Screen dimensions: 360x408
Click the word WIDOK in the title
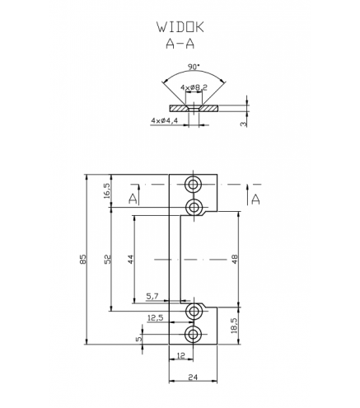click(x=180, y=27)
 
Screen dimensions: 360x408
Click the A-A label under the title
click(x=180, y=43)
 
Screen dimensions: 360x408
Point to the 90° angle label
click(x=194, y=67)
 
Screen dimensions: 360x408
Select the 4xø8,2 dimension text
click(x=194, y=87)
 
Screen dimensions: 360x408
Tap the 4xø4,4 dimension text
click(x=165, y=120)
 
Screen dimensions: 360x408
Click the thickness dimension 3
click(x=244, y=124)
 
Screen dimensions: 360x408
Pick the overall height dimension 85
click(x=83, y=259)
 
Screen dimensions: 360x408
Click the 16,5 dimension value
click(x=107, y=190)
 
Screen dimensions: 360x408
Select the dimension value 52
click(x=108, y=259)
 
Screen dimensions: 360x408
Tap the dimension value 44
click(x=131, y=259)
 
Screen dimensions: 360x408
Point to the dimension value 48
click(x=235, y=259)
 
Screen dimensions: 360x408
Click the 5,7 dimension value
click(x=152, y=296)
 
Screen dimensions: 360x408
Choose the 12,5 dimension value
click(x=156, y=318)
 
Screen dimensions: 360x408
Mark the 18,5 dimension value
click(x=235, y=326)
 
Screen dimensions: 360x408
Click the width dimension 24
click(x=193, y=378)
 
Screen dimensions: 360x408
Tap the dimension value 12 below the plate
click(x=181, y=356)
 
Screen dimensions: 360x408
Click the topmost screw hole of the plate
click(x=194, y=185)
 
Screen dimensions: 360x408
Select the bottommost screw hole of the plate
click(x=194, y=334)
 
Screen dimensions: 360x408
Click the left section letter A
click(x=133, y=199)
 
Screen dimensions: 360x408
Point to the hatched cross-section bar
click(x=194, y=108)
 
